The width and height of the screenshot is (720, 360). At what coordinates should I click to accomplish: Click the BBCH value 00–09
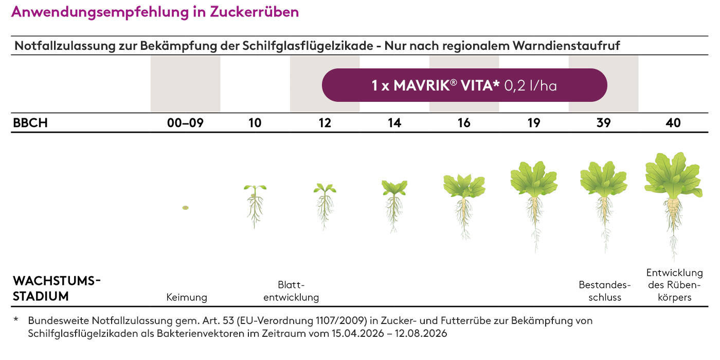(x=185, y=123)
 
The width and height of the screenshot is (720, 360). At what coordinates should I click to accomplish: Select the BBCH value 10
(x=255, y=123)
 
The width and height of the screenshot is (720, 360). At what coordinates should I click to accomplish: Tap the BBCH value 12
(x=325, y=123)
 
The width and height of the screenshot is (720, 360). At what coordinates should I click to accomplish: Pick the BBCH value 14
(x=394, y=123)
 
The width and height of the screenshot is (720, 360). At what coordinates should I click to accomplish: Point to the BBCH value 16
(x=464, y=123)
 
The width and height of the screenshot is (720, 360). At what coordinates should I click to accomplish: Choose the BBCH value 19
(x=534, y=123)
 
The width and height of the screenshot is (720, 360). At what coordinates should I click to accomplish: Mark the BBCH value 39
(x=603, y=123)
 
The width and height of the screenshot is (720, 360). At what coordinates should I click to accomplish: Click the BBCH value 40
(x=673, y=123)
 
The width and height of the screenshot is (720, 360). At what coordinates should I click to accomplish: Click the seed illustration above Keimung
(x=185, y=208)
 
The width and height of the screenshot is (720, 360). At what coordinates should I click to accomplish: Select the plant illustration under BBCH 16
(x=464, y=203)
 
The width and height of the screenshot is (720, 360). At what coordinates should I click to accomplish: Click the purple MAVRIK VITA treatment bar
(x=464, y=85)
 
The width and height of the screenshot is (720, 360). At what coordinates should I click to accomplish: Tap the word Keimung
(x=187, y=297)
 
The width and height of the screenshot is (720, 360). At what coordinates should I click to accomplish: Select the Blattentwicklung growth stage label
(x=291, y=291)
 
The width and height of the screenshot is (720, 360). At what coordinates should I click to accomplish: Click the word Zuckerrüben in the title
(x=255, y=12)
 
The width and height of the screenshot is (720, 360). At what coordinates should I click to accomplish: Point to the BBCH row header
(x=30, y=123)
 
